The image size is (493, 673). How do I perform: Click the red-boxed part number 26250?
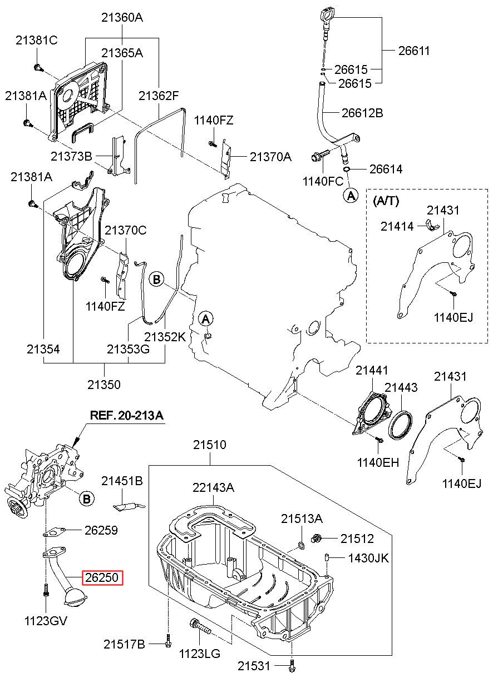[x=102, y=577]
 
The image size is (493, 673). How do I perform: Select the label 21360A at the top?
[x=122, y=18]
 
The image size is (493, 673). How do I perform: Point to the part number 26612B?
[x=362, y=113]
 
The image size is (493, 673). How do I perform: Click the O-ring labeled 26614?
[x=346, y=170]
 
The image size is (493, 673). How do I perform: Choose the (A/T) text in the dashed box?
[x=386, y=201]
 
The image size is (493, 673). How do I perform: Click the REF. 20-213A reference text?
[x=127, y=416]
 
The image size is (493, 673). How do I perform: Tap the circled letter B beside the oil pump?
[x=87, y=498]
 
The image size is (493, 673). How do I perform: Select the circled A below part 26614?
[x=351, y=196]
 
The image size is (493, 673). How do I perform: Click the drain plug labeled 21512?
[x=317, y=539]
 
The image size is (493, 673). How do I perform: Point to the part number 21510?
[x=210, y=445]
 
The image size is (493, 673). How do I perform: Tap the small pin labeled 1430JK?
[x=326, y=557]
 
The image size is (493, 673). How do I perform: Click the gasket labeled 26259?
[x=54, y=532]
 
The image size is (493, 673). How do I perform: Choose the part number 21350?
[x=104, y=384]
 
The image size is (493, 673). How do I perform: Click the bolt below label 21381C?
[x=38, y=68]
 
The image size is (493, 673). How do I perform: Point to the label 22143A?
[x=213, y=487]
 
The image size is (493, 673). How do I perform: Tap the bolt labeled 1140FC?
[x=321, y=156]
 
